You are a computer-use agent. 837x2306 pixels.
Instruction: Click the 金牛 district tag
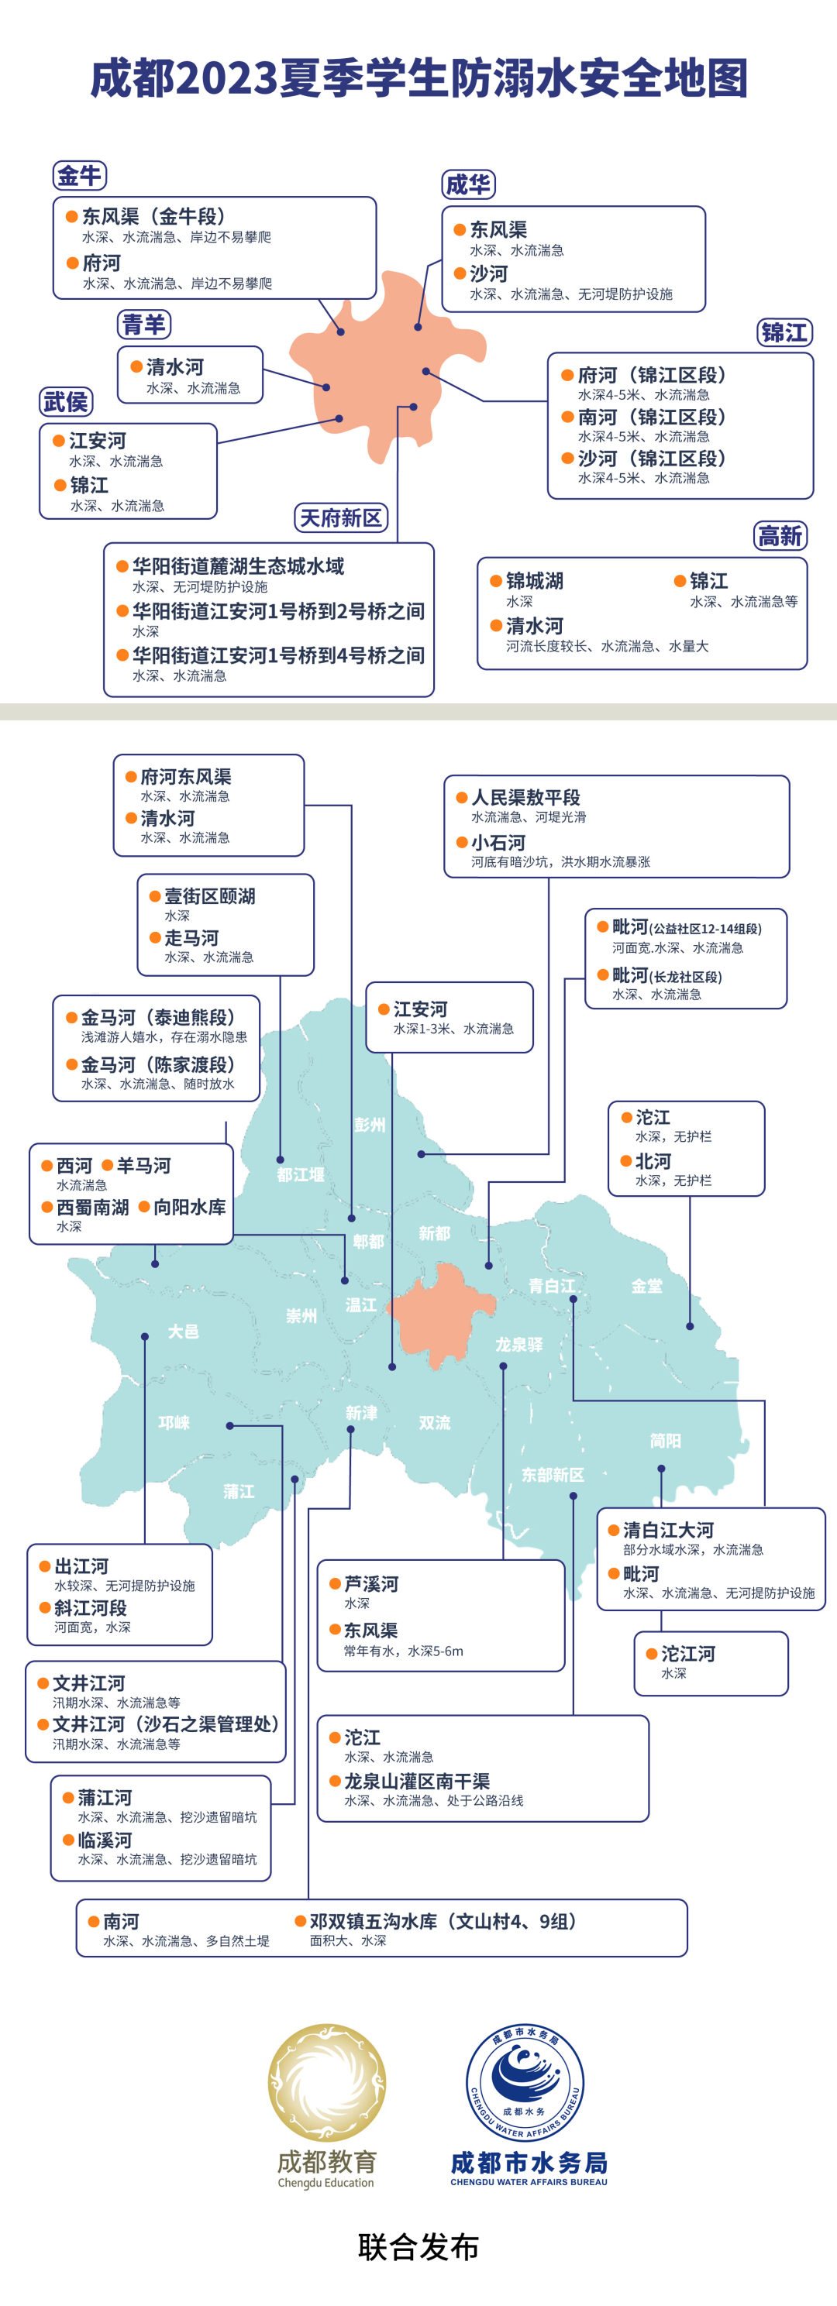pos(80,176)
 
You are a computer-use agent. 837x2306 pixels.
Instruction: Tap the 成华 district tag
pos(468,184)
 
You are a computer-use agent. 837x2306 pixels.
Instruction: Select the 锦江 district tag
pos(784,333)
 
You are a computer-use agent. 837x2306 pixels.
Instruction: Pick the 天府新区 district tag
pos(340,517)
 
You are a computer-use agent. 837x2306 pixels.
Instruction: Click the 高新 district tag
pos(780,536)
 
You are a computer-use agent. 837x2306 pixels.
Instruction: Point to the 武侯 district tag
pos(66,402)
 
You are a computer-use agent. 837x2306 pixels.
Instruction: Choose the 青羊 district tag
pos(144,324)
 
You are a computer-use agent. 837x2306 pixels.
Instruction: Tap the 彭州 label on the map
pos(370,1125)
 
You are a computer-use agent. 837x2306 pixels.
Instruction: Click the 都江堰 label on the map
pos(300,1174)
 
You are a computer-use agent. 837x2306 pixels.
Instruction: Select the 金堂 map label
pos(646,1287)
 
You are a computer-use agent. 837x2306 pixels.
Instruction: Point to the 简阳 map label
pos(665,1440)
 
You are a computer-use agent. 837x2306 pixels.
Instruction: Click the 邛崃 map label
pos(174,1422)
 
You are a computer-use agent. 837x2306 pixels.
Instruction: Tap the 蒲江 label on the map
pos(239,1491)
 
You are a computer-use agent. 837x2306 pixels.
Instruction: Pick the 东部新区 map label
pos(553,1474)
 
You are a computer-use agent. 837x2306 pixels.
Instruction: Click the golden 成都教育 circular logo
pos(327,2083)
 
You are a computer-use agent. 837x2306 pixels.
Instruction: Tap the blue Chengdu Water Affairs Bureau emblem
pos(525,2083)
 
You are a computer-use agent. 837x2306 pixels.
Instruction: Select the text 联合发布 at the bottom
pos(418,2247)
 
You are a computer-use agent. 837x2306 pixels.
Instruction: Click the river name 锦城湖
pos(535,581)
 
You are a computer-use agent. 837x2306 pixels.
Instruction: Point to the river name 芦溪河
pos(370,1583)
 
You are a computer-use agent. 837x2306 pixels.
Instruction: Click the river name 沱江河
pos(687,1654)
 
